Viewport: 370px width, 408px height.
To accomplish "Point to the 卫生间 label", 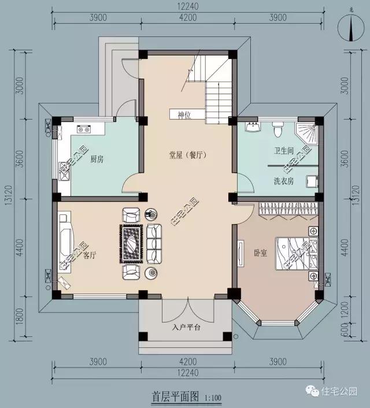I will point(284,151).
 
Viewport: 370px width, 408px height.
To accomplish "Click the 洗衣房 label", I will point(284,181).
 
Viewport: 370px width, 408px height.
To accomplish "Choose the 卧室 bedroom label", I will point(260,253).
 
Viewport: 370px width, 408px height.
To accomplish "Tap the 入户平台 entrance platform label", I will point(186,328).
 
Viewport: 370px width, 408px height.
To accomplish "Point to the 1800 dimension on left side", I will point(21,317).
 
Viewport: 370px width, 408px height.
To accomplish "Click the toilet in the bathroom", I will point(277,130).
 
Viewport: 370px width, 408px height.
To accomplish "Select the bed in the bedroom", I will point(292,253).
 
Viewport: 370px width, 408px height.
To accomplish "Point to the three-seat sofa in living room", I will point(155,243).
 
